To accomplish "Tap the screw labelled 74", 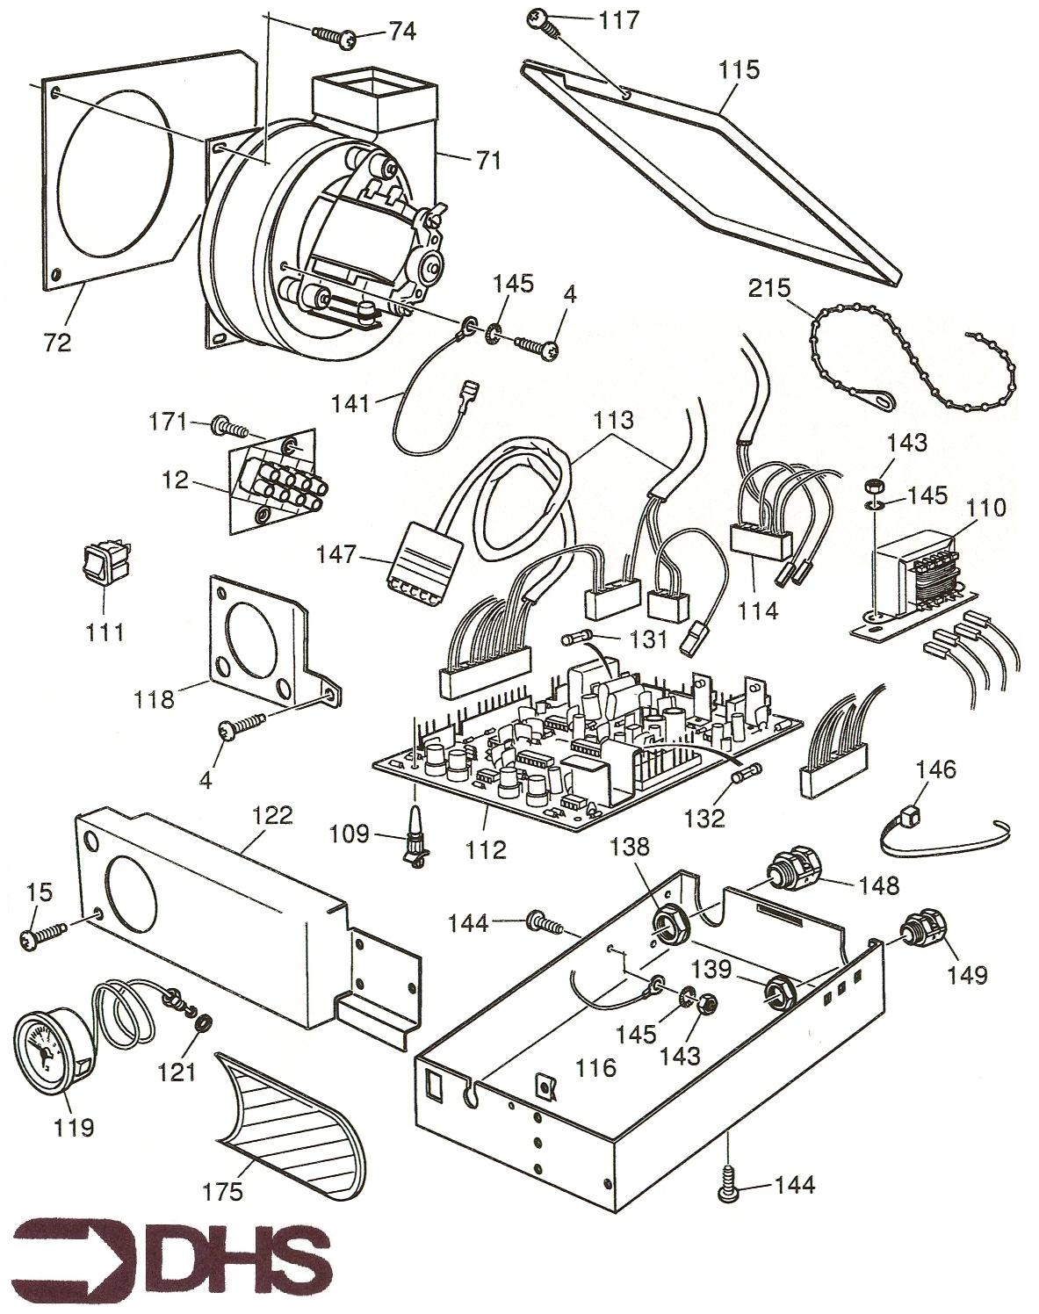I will [333, 35].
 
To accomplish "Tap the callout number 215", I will [769, 288].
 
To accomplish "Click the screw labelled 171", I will [230, 428].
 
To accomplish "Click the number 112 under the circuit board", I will [487, 849].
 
